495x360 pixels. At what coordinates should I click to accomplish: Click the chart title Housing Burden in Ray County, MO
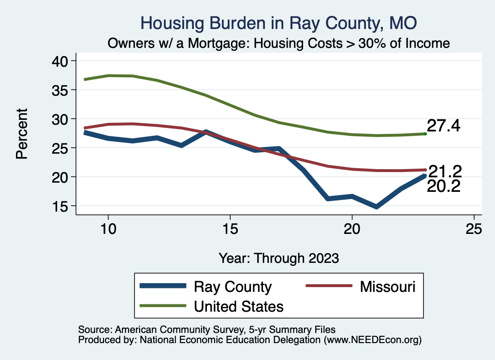(278, 23)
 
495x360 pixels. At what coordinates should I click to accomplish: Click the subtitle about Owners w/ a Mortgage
(279, 43)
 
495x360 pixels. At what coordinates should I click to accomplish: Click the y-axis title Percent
(21, 133)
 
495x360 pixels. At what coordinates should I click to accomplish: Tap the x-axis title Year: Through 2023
(279, 258)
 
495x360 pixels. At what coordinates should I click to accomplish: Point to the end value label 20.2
(443, 186)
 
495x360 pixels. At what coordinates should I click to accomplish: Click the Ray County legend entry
(233, 287)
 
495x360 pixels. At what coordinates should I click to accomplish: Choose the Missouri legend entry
(387, 287)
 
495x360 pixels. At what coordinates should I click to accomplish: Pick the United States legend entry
(238, 306)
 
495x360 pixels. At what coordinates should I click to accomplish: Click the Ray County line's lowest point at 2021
(376, 207)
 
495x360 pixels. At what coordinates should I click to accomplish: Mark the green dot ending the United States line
(425, 134)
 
